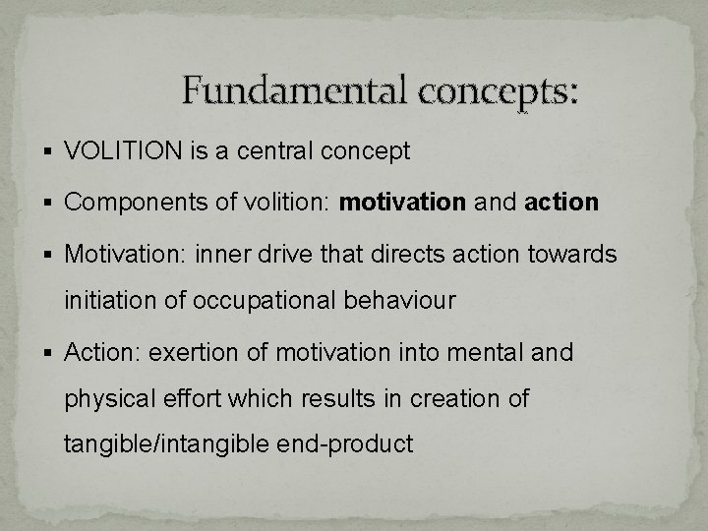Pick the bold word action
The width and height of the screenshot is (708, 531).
point(562,204)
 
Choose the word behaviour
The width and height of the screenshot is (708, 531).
point(400,301)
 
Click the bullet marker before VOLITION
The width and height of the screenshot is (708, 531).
point(50,152)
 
